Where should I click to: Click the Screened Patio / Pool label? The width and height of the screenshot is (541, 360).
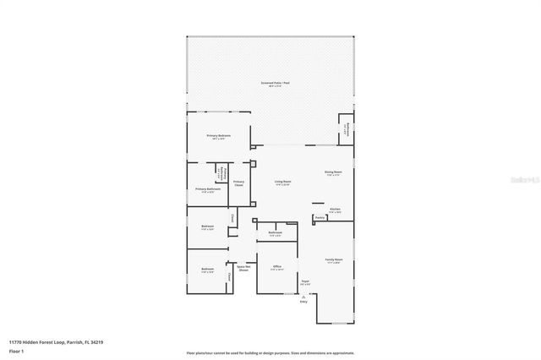point(275,83)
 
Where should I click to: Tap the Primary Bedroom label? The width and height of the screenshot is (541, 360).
point(218,136)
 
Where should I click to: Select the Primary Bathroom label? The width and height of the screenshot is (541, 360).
point(208,189)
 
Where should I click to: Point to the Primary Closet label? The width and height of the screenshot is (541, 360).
point(239,183)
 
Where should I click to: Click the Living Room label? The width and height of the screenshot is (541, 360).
point(282,182)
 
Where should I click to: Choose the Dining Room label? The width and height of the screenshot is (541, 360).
point(332,173)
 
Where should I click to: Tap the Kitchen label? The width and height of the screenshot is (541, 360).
point(335,210)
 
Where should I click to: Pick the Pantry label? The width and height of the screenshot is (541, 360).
point(320,217)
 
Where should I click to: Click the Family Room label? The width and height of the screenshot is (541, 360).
point(334,260)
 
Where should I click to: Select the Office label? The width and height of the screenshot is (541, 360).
point(277,267)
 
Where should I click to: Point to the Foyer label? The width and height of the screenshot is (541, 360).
point(305,282)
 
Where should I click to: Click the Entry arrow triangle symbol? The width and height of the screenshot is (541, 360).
point(303,297)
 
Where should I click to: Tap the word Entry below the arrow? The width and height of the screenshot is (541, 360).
point(303,302)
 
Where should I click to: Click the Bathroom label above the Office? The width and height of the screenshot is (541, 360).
point(275,233)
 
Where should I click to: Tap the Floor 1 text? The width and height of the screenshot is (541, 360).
point(16,350)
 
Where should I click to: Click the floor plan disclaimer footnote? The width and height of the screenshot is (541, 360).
point(270,353)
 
